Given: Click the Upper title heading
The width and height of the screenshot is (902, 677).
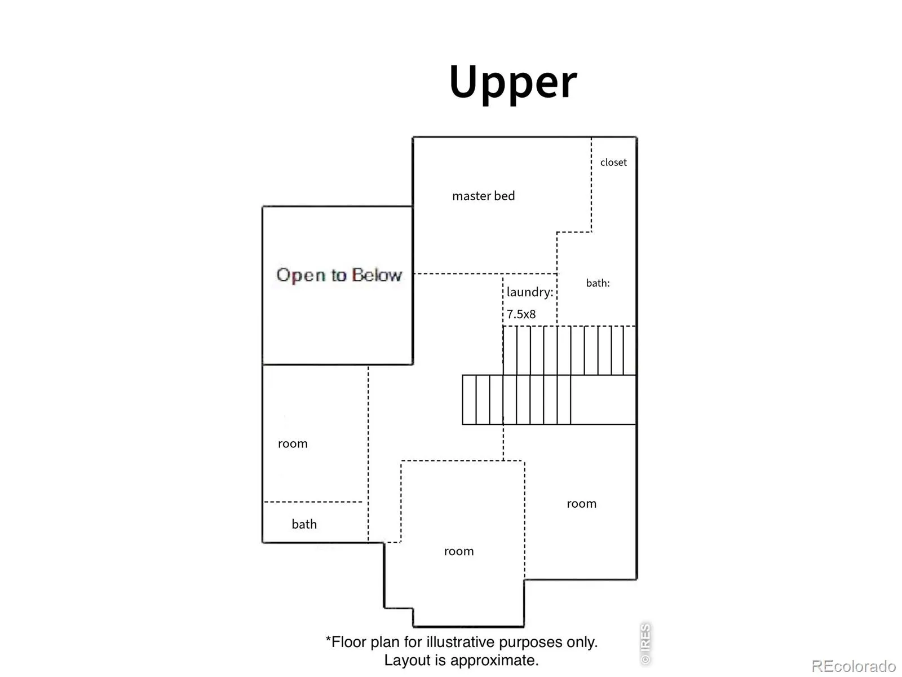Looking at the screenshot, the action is click(512, 83).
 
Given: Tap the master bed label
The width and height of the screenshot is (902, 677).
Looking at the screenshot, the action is click(483, 196).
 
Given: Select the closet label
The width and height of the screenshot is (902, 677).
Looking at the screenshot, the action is click(613, 162).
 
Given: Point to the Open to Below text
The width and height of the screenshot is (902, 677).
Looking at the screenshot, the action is click(339, 275).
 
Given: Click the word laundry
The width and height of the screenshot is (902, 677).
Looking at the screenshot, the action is click(529, 292).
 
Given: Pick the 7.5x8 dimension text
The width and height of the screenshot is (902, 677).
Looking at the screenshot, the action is click(521, 314).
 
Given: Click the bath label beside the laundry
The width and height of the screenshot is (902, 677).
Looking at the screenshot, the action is click(598, 283).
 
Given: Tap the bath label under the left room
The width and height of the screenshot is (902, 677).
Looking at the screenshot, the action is click(304, 524).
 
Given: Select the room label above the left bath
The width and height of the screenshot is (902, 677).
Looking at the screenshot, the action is click(293, 444).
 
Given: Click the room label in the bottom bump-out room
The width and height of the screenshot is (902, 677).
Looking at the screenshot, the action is click(458, 552).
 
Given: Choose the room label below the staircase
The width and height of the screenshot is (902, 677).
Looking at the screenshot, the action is click(581, 504).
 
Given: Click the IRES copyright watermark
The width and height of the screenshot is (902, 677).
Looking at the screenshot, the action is click(645, 644).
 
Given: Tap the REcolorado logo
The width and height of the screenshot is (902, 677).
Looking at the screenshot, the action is click(854, 666).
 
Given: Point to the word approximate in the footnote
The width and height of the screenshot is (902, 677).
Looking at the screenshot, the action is click(494, 661).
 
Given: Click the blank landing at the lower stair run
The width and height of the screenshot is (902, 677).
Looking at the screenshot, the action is click(603, 399).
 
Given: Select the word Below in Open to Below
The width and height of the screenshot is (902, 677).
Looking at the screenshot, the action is click(377, 275).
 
